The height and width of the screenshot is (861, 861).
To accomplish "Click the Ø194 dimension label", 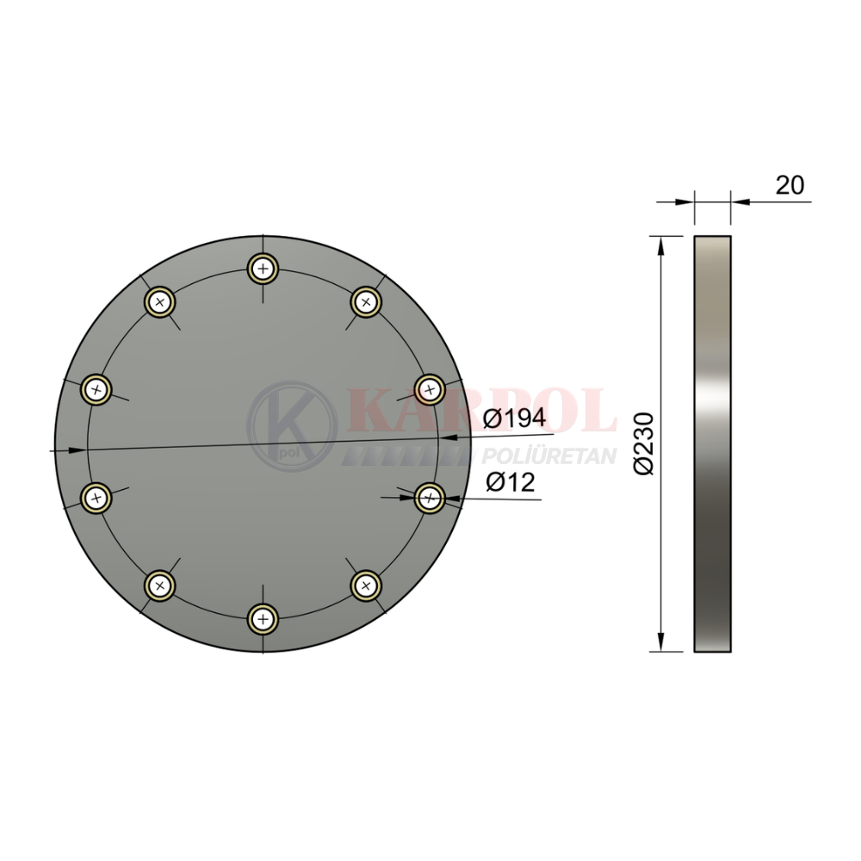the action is coord(515,418).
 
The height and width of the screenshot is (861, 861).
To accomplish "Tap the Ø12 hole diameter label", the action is coord(510,483).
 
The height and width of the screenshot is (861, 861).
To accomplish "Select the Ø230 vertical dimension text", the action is coord(644,443).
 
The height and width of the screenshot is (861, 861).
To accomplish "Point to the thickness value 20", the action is coord(790,185).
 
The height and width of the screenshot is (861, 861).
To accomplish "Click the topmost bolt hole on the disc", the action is coord(263,269).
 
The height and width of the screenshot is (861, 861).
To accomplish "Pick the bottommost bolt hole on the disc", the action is coord(263,619).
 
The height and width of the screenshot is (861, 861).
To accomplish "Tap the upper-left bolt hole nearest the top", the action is coord(160,301).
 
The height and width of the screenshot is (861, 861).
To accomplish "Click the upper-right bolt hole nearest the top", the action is coord(366,301).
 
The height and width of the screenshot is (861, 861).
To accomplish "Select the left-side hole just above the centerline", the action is coord(96,390).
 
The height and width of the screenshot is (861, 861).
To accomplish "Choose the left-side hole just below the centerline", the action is coord(96,498).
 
